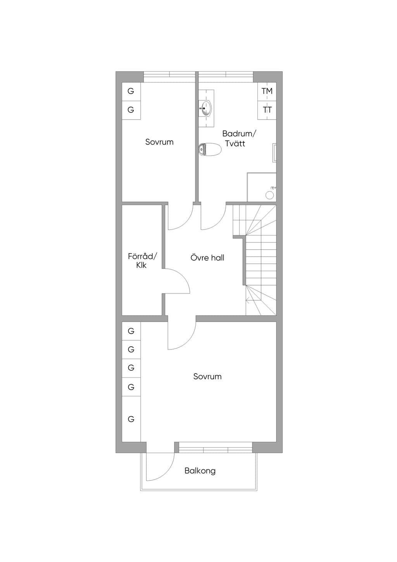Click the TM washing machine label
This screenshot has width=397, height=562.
point(267,91)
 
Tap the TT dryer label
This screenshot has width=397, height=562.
point(267,110)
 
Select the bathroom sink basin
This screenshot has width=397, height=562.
point(206,108)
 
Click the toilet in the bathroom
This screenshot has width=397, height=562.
point(210,150)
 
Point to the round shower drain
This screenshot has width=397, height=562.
point(269,195)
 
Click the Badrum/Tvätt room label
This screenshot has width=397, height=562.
point(238,138)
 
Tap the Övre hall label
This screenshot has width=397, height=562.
point(207,258)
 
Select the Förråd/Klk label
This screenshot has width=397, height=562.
point(142,261)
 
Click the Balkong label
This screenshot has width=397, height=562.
point(200,471)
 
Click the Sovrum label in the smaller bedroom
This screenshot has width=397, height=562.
point(159,142)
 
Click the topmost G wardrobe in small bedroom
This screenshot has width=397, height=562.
point(131,91)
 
